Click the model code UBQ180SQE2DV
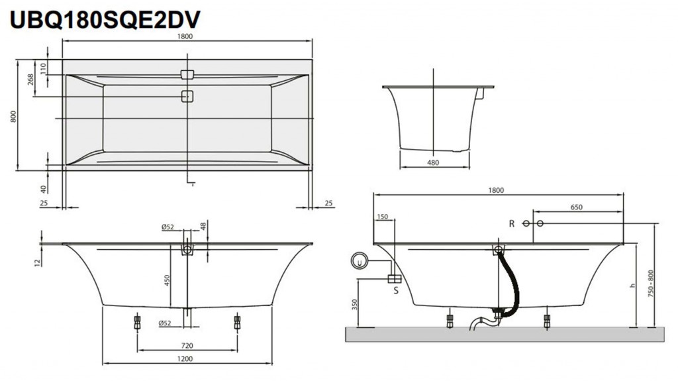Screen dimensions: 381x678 click(105, 19)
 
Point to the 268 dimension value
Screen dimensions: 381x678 click(31, 80)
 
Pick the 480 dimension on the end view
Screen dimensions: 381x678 click(433, 162)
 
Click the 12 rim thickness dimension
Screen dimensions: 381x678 click(38, 262)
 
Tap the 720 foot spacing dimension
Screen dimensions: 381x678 click(187, 345)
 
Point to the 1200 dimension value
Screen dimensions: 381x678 click(187, 359)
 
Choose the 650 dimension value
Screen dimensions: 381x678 click(576, 207)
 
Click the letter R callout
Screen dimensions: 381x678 click(511, 224)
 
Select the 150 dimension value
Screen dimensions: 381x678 click(382, 217)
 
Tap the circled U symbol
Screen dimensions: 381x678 click(360, 262)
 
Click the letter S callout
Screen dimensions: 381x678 click(396, 290)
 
